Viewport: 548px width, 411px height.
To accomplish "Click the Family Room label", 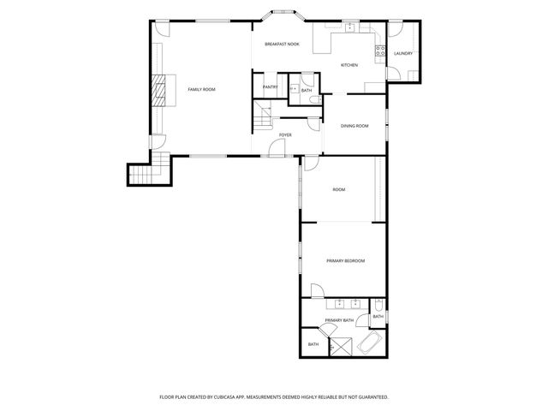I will tap(201, 89).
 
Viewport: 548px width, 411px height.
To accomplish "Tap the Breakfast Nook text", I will tap(282, 44).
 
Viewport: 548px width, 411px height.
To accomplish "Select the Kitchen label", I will tap(349, 65).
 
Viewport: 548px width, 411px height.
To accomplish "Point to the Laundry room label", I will tap(403, 54).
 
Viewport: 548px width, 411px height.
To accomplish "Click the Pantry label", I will tap(271, 86).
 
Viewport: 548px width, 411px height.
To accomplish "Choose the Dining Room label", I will tap(354, 126).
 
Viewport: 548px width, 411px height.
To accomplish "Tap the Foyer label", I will tap(285, 134).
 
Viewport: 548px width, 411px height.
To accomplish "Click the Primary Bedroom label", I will tap(346, 260).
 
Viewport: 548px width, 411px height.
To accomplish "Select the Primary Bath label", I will tap(339, 320).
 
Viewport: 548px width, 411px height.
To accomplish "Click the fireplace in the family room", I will tap(159, 89).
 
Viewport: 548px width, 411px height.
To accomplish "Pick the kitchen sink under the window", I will tap(349, 28).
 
